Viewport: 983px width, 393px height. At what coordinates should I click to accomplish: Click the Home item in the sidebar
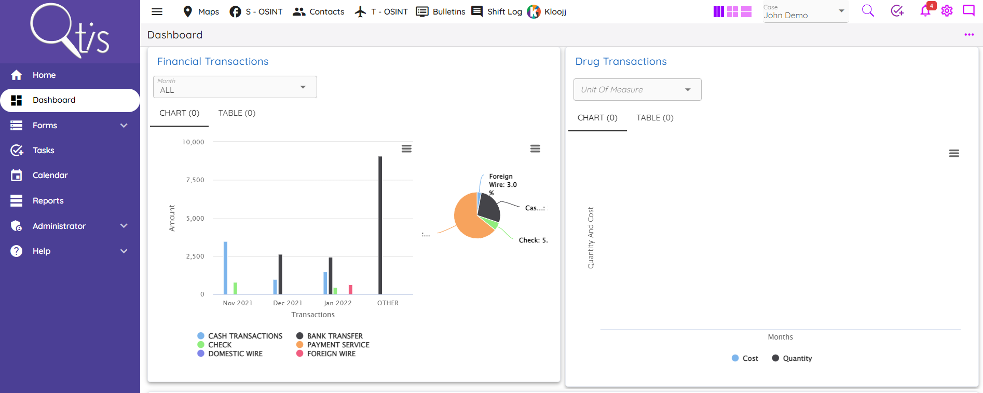pyautogui.click(x=44, y=75)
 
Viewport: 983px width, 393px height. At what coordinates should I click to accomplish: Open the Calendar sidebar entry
pyautogui.click(x=50, y=175)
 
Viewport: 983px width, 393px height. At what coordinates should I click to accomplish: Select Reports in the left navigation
pyautogui.click(x=48, y=201)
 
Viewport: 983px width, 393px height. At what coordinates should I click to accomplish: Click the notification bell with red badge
pyautogui.click(x=925, y=11)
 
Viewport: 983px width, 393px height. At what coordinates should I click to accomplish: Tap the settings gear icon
pyautogui.click(x=947, y=11)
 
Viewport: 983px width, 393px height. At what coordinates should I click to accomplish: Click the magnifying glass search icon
pyautogui.click(x=868, y=11)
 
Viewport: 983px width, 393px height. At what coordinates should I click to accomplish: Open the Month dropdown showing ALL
pyautogui.click(x=235, y=87)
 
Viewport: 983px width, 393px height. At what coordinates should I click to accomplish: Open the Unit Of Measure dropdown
pyautogui.click(x=637, y=90)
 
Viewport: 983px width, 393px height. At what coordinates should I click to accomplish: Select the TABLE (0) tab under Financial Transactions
pyautogui.click(x=237, y=113)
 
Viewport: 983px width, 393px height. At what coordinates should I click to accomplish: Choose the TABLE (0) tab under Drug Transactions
pyautogui.click(x=654, y=118)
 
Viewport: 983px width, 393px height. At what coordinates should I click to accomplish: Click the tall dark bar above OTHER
pyautogui.click(x=380, y=225)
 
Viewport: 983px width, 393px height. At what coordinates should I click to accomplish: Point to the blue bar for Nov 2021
pyautogui.click(x=225, y=268)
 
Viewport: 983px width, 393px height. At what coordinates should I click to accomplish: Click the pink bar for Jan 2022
pyautogui.click(x=350, y=290)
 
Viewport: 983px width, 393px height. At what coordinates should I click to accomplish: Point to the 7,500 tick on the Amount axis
pyautogui.click(x=195, y=180)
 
